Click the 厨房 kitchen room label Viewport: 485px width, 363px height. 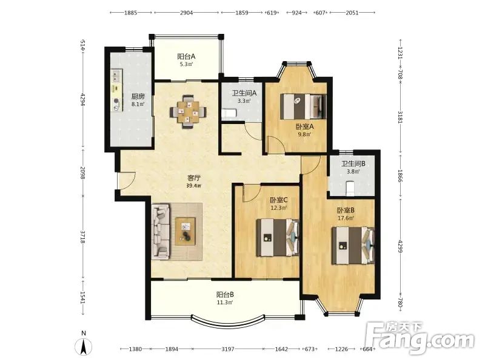click(138, 96)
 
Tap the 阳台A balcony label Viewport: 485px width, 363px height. click(186, 56)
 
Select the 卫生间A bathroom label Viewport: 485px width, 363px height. click(244, 93)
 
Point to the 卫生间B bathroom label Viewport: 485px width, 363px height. click(353, 163)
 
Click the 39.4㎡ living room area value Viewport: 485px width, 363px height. click(193, 186)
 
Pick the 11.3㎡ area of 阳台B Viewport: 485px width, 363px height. click(225, 302)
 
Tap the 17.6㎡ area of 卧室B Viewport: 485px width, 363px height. click(346, 218)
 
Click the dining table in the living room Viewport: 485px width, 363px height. click(189, 112)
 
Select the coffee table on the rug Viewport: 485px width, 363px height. click(186, 231)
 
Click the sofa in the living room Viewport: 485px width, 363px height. click(161, 231)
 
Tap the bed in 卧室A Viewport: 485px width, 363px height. click(303, 106)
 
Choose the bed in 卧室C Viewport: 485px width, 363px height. click(278, 238)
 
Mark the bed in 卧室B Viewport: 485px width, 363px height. click(353, 246)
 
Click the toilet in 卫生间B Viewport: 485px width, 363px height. click(350, 188)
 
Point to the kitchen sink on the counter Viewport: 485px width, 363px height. click(116, 74)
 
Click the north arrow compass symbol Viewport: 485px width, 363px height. click(84, 345)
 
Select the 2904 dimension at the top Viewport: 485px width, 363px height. click(187, 13)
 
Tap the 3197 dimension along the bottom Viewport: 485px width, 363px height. click(228, 349)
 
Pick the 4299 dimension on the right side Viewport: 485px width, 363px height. click(400, 246)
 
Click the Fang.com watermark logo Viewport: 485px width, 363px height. click(420, 338)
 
